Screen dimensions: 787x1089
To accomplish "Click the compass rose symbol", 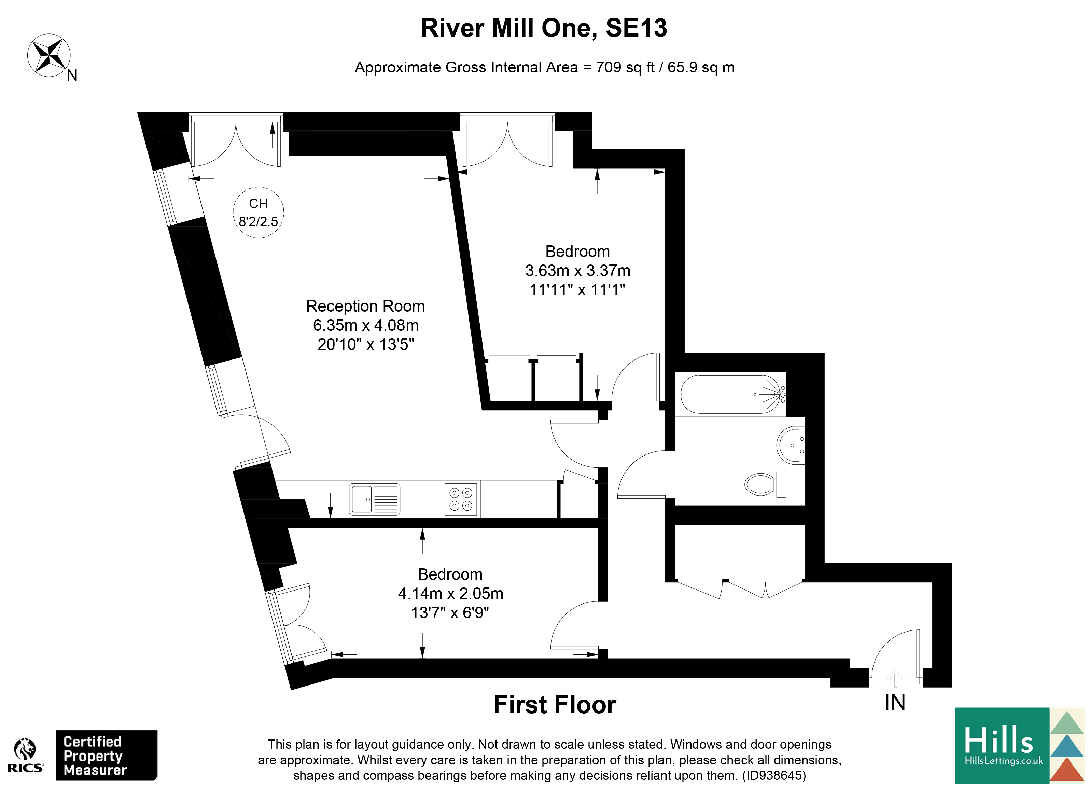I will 49,55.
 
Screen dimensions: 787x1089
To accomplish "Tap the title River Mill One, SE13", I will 544,28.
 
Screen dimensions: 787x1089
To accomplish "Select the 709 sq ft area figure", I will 625,67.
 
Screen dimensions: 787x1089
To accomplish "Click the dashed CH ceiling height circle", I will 258,212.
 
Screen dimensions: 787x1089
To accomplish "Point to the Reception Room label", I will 365,306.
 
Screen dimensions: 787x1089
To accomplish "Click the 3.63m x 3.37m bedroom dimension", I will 578,271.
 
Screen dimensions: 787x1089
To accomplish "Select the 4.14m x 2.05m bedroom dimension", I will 450,593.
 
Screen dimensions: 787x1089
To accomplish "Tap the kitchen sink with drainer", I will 374,499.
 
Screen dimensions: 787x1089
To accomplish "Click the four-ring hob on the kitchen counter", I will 461,499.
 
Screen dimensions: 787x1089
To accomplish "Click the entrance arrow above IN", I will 895,678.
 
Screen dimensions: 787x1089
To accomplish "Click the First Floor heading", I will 555,705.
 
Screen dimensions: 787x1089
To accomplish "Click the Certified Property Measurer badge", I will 106,755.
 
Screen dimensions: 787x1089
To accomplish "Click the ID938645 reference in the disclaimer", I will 774,775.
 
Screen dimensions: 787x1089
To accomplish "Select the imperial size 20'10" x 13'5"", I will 365,344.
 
